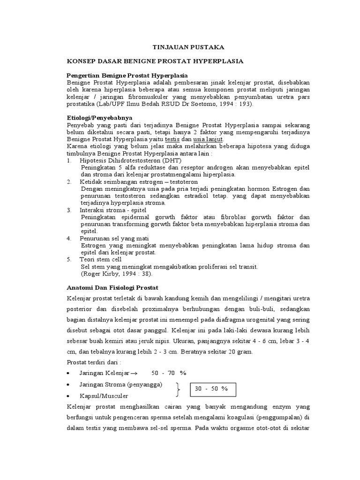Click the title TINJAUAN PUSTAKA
pos(182,47)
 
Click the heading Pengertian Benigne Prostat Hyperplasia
pos(127,75)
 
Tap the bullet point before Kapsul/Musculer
pos(69,397)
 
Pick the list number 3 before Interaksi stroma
pos(69,210)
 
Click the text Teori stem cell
pos(100,259)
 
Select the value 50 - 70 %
pos(169,373)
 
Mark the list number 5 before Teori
pos(69,259)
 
